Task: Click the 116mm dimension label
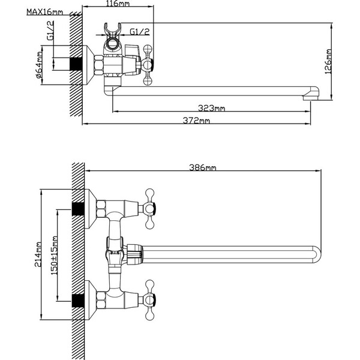click(x=109, y=4)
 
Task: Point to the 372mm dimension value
click(x=197, y=121)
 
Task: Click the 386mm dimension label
click(x=202, y=167)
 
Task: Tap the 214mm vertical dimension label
click(x=39, y=256)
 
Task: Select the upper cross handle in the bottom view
click(x=148, y=208)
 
